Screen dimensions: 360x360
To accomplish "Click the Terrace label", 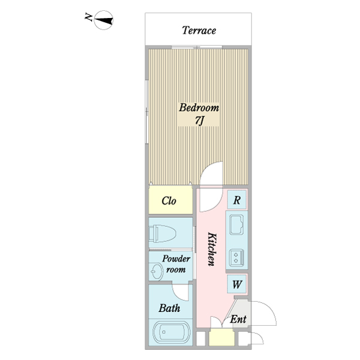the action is click(199, 30).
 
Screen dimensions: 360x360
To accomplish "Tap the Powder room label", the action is click(176, 265).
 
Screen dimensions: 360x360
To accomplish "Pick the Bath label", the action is click(170, 308).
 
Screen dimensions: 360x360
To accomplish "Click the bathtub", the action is click(171, 332).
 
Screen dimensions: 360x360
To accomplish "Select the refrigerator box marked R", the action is click(237, 200).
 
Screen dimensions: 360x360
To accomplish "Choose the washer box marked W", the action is click(237, 284).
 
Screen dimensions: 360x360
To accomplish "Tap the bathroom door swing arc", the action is click(180, 292).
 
